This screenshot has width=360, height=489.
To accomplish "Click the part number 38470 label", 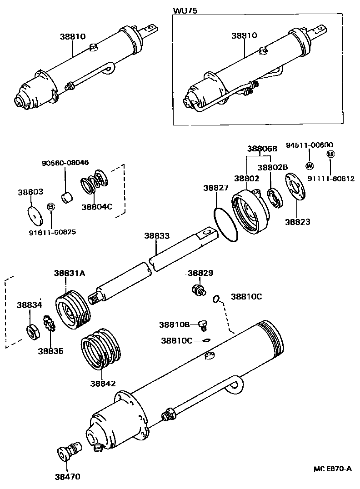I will pos(67,477).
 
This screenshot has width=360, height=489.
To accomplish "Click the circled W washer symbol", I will pos(310,165).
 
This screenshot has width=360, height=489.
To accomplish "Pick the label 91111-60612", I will pos(331,179).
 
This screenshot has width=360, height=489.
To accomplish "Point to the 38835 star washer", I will pos(49,324).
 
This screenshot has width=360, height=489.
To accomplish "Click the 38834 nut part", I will pos(33,331).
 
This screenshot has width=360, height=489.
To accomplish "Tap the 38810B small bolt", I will pos(203,325).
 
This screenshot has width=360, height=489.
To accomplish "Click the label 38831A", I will pos(70,273).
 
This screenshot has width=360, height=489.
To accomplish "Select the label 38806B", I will pos(262,149).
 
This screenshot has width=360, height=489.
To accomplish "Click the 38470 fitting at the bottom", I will pos(69,451).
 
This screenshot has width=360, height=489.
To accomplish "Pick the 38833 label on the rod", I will pos(157,236).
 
